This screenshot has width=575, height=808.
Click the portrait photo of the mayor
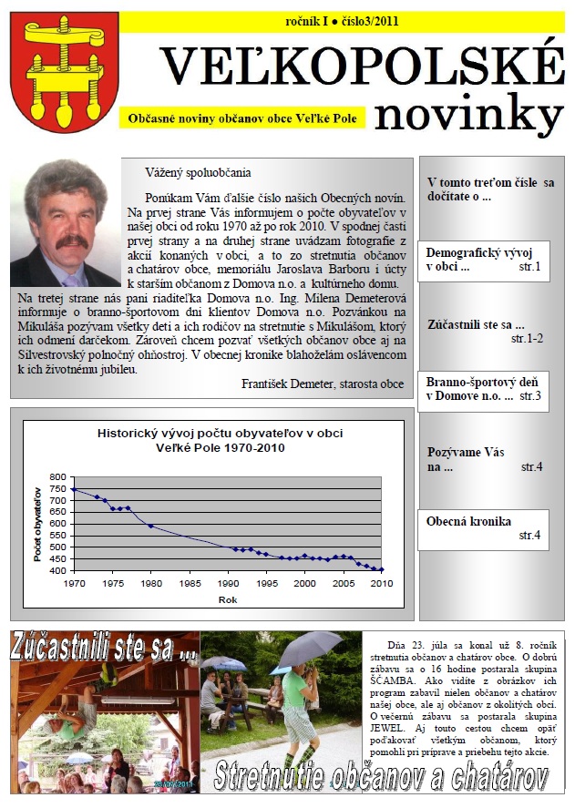[x=66, y=223]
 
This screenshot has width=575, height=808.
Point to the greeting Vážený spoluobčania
[x=197, y=172]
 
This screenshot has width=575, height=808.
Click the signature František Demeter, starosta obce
[x=323, y=384]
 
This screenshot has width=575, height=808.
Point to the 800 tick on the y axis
[x=57, y=477]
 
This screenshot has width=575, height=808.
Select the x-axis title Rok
[x=227, y=599]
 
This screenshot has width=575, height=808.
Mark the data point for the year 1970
[x=74, y=490]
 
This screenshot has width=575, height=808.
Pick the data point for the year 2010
[x=381, y=569]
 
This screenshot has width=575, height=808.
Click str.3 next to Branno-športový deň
[x=530, y=396]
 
